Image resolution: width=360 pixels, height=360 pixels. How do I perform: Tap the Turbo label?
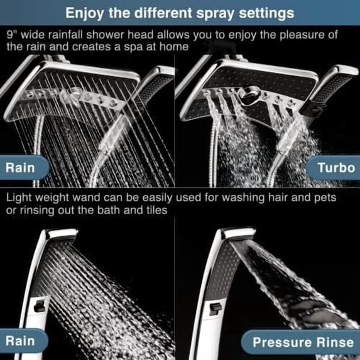[x=336, y=167]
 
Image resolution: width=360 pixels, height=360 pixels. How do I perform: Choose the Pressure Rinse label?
[x=303, y=342]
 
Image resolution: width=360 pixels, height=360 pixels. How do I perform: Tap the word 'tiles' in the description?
[x=155, y=210]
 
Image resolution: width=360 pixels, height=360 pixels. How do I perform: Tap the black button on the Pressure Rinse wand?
[x=215, y=308]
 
